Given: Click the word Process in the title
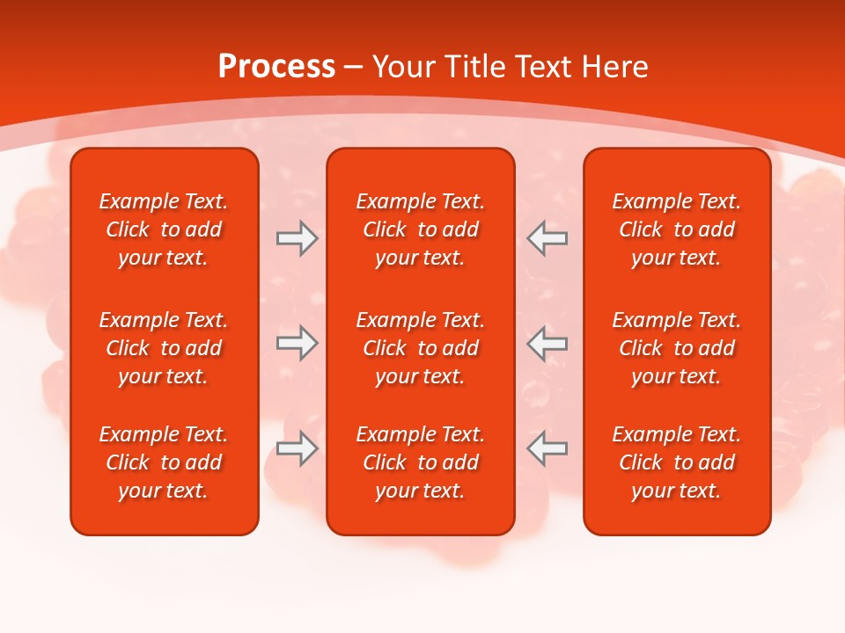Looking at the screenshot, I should pos(276,67).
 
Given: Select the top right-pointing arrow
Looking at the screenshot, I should pos(298,238).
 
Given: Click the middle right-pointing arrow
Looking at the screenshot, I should pos(298,343).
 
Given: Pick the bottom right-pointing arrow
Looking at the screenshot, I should pos(298,448).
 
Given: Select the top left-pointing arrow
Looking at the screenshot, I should pos(547,238).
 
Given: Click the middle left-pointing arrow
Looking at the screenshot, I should pos(547,343).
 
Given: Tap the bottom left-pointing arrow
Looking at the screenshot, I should pos(547,448).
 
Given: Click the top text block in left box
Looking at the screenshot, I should pos(164,229).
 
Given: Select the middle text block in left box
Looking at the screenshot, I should pos(164,348).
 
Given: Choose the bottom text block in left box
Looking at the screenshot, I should pos(164,462).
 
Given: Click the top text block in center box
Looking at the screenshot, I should pos(421,229).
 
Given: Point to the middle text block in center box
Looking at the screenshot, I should pos(421,348).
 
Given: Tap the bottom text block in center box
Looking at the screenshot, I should pos(421,462).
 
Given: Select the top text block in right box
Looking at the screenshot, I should pos(677,229).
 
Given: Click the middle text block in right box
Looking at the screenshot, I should pos(677,348).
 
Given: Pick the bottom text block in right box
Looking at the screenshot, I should pos(677,462).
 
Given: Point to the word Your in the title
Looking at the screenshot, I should pos(402,67).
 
